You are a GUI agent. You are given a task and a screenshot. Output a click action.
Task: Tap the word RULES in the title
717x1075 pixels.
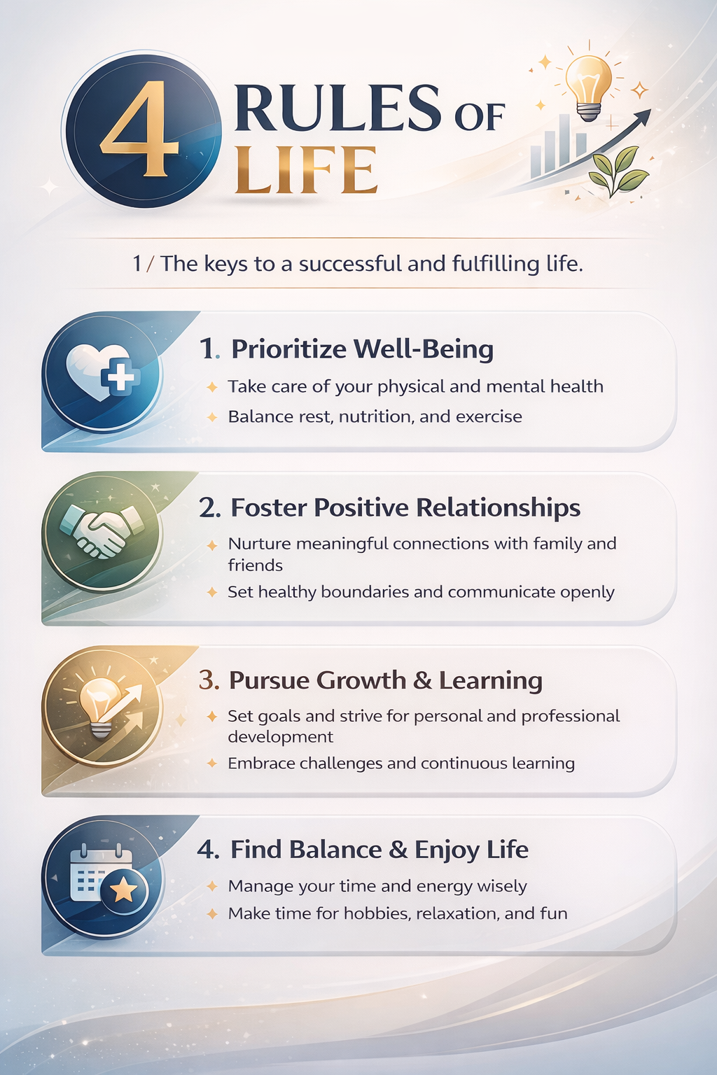(x=337, y=107)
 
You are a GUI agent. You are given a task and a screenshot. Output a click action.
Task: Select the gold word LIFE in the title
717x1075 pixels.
(x=306, y=169)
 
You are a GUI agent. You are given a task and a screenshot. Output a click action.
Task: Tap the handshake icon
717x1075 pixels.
(x=102, y=532)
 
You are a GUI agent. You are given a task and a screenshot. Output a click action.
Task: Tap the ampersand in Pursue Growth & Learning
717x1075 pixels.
(x=422, y=680)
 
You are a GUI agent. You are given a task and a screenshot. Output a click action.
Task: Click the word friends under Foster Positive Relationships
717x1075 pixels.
(x=255, y=565)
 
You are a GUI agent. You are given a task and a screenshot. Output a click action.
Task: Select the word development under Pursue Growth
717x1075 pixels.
(x=281, y=737)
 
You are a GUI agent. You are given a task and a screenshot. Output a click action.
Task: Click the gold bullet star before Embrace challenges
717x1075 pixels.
(x=211, y=763)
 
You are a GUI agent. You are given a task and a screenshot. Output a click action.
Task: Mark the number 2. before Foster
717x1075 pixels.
(x=210, y=508)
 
